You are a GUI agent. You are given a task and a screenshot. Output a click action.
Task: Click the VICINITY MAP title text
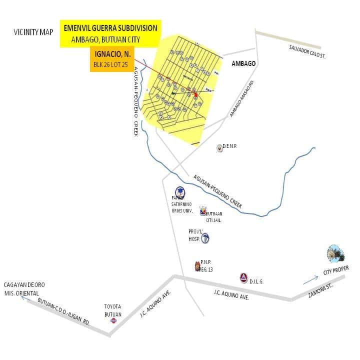point(33,32)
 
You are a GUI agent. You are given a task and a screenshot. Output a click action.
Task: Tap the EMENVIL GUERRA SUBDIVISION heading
point(110,28)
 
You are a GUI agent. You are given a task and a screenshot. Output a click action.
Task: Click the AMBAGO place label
point(244,63)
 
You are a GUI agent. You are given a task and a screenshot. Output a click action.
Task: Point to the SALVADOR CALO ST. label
point(307,51)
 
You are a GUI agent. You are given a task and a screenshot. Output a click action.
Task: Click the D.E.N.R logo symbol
point(219,147)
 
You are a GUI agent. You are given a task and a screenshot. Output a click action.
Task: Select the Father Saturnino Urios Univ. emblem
point(179,192)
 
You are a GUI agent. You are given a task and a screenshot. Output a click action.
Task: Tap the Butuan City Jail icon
point(202,211)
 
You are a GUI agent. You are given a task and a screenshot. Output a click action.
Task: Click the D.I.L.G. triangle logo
point(243,278)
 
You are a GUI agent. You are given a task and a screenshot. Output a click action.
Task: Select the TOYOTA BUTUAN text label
point(113,309)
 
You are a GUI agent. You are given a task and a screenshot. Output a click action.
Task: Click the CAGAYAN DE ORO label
point(24,288)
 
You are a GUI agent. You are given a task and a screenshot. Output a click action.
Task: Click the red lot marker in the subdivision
point(195,95)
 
